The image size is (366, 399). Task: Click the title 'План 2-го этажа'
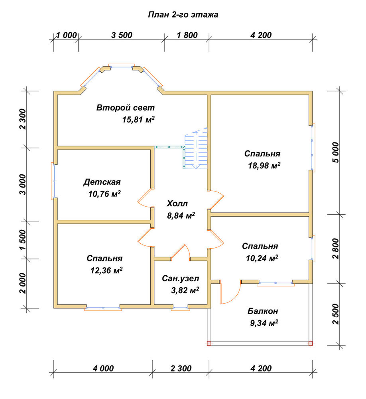(183, 15)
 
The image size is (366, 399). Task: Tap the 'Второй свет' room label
(126, 108)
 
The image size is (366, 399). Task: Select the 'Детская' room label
(102, 182)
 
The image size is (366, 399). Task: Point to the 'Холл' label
(177, 203)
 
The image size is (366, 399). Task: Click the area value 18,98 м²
(264, 166)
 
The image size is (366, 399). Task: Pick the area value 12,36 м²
(106, 270)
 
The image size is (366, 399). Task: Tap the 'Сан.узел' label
(180, 279)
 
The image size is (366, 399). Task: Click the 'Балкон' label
(263, 311)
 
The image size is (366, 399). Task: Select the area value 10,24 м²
(262, 258)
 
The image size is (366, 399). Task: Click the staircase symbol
(196, 149)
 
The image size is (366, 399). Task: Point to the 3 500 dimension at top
(122, 35)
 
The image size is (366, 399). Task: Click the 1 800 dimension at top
(187, 35)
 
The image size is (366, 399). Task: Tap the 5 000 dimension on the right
(336, 153)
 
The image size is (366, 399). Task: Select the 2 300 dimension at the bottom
(181, 368)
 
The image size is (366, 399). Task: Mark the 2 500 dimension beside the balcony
(336, 314)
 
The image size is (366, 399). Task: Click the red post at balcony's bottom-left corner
(209, 344)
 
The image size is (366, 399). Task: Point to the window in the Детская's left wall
(54, 181)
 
